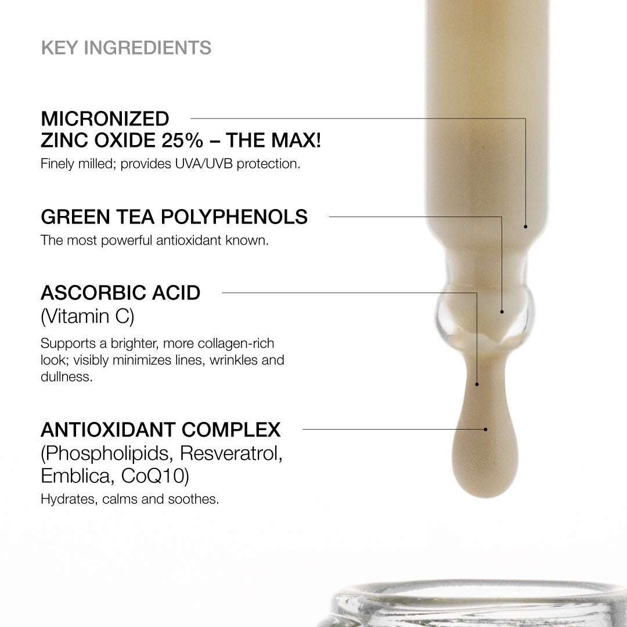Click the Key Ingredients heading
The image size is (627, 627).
pos(126,48)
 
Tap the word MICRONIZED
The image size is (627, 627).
pos(105,119)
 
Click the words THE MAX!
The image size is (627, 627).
pos(273,140)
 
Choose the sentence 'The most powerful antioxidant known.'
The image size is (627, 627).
pos(154,240)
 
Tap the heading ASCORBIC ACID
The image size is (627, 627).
pos(120,293)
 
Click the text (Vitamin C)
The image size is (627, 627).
pos(87,316)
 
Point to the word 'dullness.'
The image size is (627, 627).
pos(66,377)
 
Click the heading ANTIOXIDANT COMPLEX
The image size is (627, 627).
pos(161,430)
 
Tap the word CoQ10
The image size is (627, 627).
pos(156,476)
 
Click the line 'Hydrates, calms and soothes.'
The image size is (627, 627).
pos(129,499)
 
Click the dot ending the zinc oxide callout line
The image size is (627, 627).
pos(525,226)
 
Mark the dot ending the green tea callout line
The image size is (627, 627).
pos(502,312)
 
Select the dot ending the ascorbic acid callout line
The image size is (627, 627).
pos(477,384)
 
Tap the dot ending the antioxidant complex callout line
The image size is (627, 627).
pos(485,430)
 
